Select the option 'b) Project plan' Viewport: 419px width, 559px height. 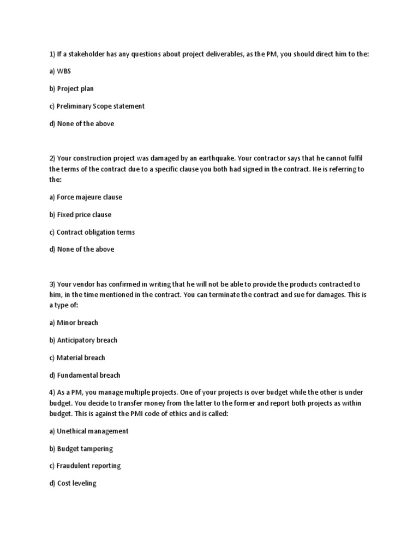(71, 89)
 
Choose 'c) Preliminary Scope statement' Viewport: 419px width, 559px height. (97, 106)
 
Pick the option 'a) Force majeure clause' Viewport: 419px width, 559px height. (86, 197)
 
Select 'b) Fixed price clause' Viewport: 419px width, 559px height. (80, 215)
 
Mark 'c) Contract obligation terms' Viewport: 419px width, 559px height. (92, 232)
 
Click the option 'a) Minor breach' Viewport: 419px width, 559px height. (74, 323)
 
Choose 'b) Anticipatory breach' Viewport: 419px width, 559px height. (83, 340)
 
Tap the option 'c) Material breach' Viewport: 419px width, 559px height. (77, 358)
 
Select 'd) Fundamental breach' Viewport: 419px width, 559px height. (85, 375)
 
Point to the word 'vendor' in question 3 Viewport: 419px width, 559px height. (85, 284)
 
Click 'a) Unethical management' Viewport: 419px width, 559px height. (88, 431)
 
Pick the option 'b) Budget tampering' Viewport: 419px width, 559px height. (81, 448)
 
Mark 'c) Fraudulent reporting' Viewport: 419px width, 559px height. (85, 466)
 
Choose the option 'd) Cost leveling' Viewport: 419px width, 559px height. (73, 483)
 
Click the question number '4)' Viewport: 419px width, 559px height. (52, 393)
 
